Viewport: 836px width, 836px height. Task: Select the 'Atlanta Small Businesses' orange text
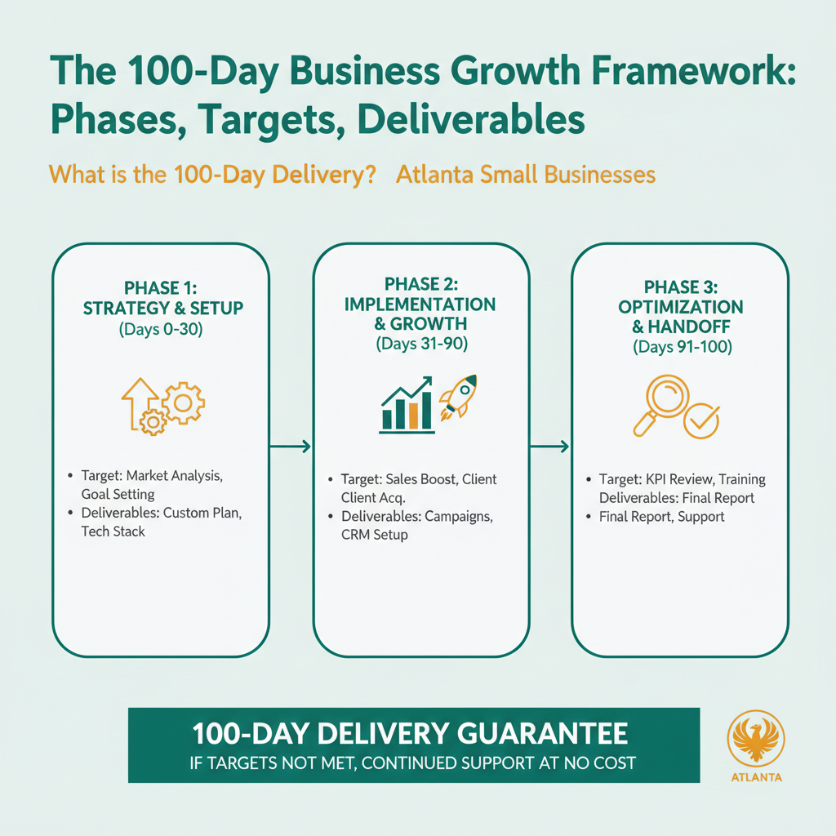click(x=525, y=175)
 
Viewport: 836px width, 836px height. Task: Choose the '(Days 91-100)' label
click(x=682, y=347)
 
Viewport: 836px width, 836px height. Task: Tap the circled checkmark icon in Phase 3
click(x=700, y=420)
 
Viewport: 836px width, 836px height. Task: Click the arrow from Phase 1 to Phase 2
click(x=291, y=446)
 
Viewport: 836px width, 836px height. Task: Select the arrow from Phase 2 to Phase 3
click(x=549, y=446)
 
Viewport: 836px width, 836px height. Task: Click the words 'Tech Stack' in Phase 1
click(x=113, y=531)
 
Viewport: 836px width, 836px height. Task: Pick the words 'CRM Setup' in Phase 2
click(x=375, y=535)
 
